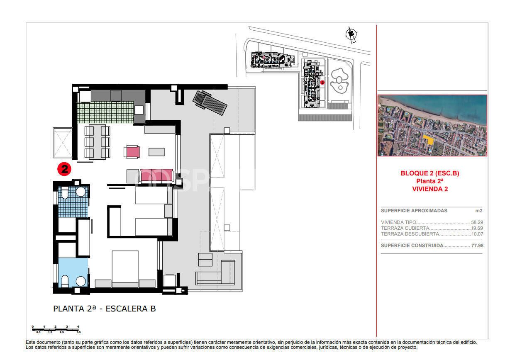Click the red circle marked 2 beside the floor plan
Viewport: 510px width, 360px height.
(64, 169)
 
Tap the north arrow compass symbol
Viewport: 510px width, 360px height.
(351, 34)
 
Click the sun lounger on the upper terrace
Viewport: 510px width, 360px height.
(210, 104)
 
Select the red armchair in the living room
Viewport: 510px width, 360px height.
(132, 152)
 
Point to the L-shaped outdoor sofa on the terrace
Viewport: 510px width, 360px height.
(216, 274)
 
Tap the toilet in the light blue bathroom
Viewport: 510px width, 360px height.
(65, 281)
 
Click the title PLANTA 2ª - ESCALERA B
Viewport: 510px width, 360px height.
(104, 309)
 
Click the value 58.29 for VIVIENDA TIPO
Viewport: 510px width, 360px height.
(477, 222)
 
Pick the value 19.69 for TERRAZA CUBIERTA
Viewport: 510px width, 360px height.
(477, 228)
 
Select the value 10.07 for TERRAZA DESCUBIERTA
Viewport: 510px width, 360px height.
(477, 234)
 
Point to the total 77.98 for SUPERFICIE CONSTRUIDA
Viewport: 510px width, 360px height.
(477, 246)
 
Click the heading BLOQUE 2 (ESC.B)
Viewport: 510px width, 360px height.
(429, 173)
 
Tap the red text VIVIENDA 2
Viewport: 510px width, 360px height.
(429, 189)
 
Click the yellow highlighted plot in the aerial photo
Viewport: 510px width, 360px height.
(429, 139)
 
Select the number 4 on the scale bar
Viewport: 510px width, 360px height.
(78, 327)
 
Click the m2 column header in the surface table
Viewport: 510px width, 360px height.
(479, 211)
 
